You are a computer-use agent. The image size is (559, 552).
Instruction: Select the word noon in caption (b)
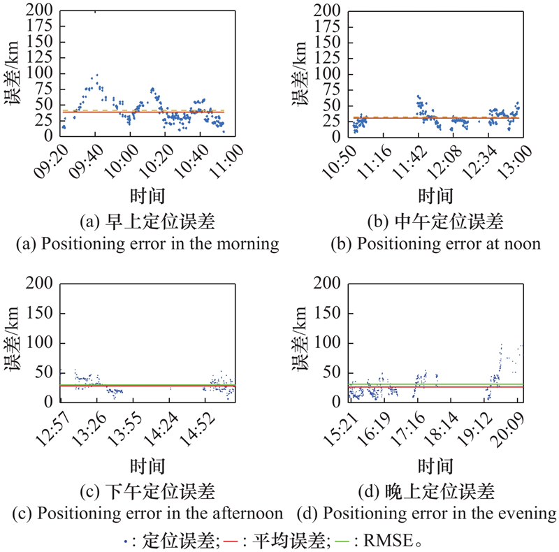pyautogui.click(x=524, y=244)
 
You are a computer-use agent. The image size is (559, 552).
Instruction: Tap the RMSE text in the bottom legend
pyautogui.click(x=402, y=539)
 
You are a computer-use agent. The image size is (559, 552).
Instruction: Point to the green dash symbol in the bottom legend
pyautogui.click(x=361, y=540)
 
